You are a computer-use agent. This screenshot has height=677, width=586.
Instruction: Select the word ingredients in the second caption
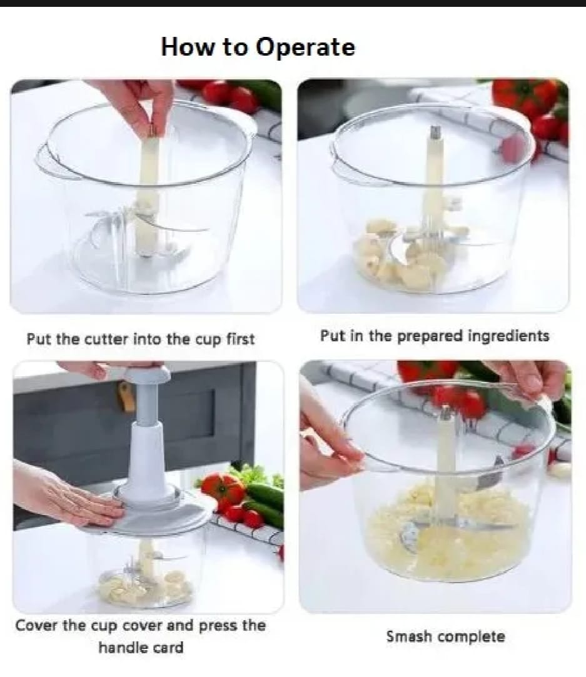coord(508,336)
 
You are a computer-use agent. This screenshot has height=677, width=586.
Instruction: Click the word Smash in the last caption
coord(408,637)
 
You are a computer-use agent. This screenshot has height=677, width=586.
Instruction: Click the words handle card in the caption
coord(141,647)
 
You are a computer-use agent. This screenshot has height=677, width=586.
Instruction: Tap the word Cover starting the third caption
coord(37,626)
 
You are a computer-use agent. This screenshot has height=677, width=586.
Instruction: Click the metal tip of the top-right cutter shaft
coord(435,133)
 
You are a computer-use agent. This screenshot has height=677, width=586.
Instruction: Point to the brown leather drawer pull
coord(127,398)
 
